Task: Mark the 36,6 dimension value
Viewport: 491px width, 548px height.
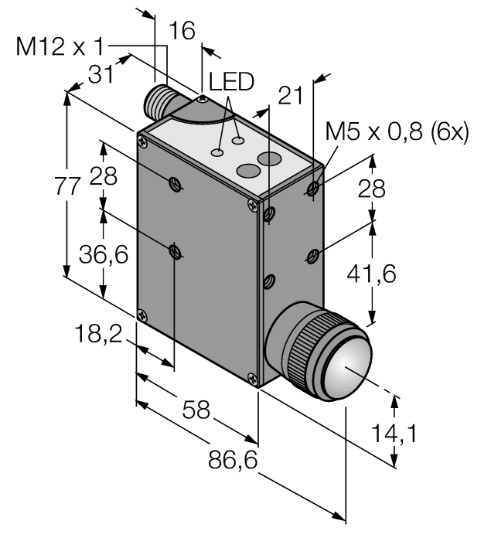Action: coord(101,254)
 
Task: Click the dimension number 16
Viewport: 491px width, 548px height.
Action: coord(182,30)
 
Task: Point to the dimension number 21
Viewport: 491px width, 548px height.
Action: coord(292,95)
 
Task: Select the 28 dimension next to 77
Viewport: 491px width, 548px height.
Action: coord(102,176)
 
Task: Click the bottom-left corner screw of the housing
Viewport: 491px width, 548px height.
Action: coord(141,315)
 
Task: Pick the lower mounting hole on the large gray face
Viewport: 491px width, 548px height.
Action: coord(176,250)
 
